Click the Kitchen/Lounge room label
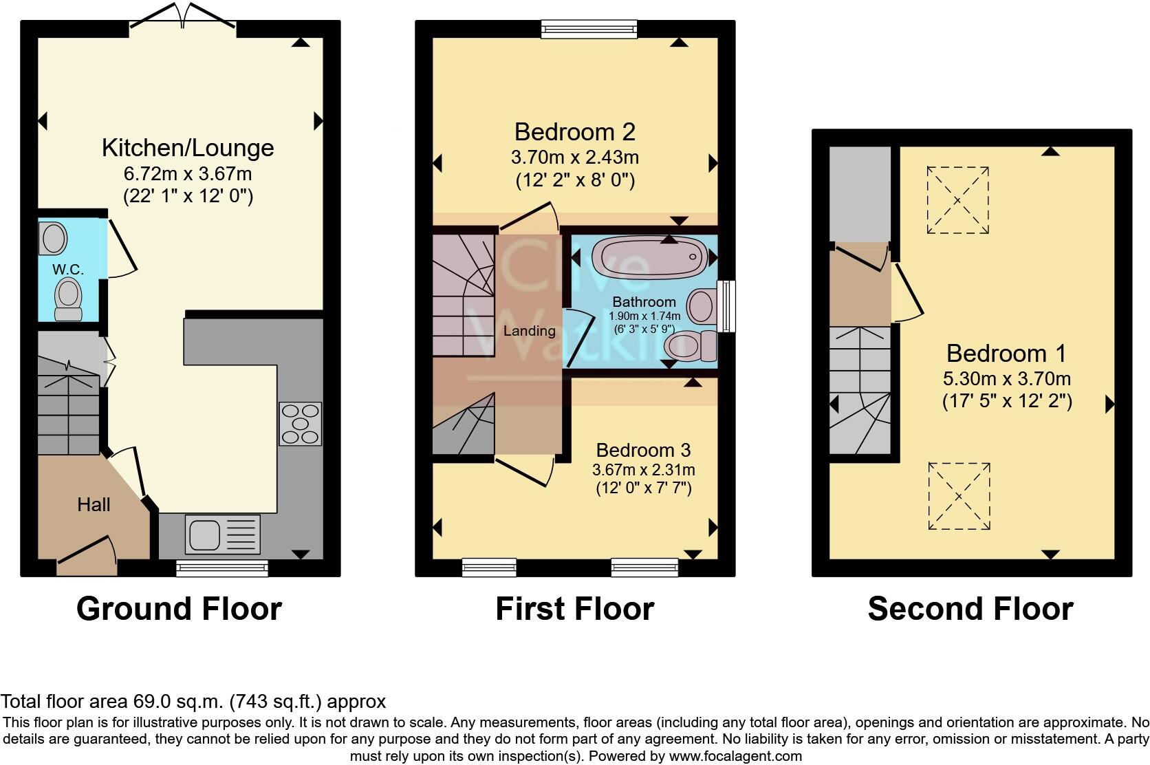[188, 148]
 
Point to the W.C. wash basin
[54, 239]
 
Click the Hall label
[94, 505]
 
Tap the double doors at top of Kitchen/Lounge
[183, 17]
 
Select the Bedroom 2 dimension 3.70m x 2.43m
[575, 158]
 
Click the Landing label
[529, 331]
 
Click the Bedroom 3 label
[643, 450]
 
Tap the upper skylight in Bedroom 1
[957, 200]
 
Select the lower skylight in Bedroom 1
[959, 496]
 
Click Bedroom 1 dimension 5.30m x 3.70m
[1007, 378]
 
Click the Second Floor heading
[970, 609]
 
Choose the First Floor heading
[574, 609]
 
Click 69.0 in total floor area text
[151, 702]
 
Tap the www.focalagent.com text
[735, 756]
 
